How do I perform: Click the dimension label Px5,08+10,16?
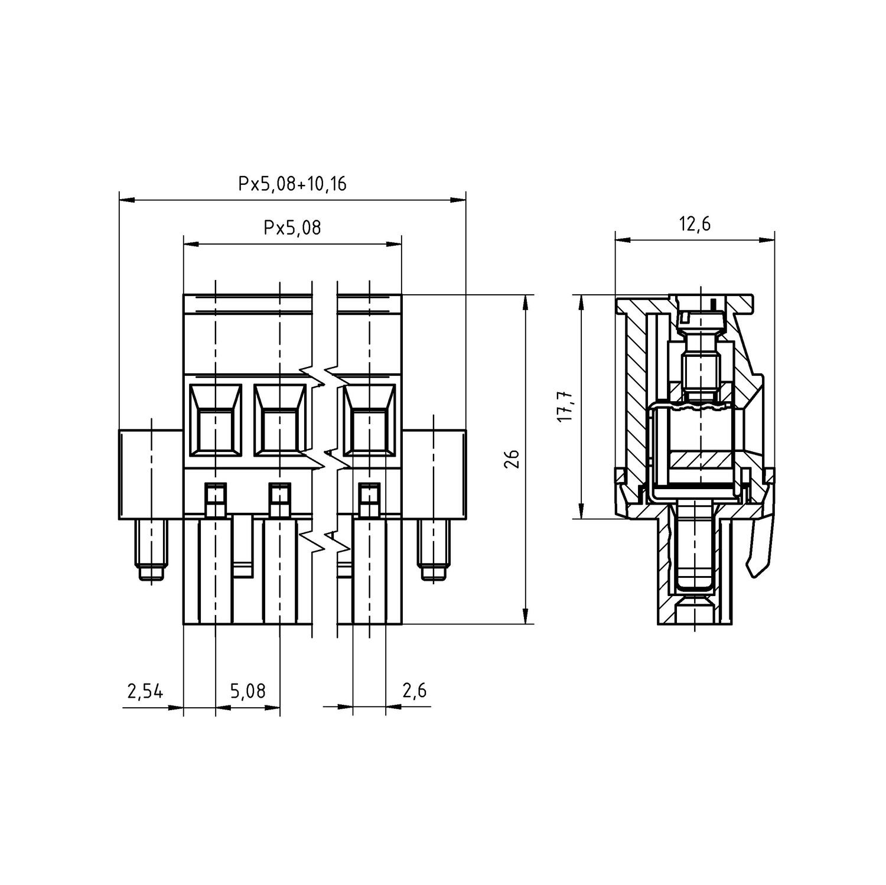pos(292,184)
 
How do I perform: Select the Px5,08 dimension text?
pos(292,227)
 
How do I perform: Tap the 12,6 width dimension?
pos(695,224)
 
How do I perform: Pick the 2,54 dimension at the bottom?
pos(145,691)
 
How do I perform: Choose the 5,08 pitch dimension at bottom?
pos(248,691)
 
